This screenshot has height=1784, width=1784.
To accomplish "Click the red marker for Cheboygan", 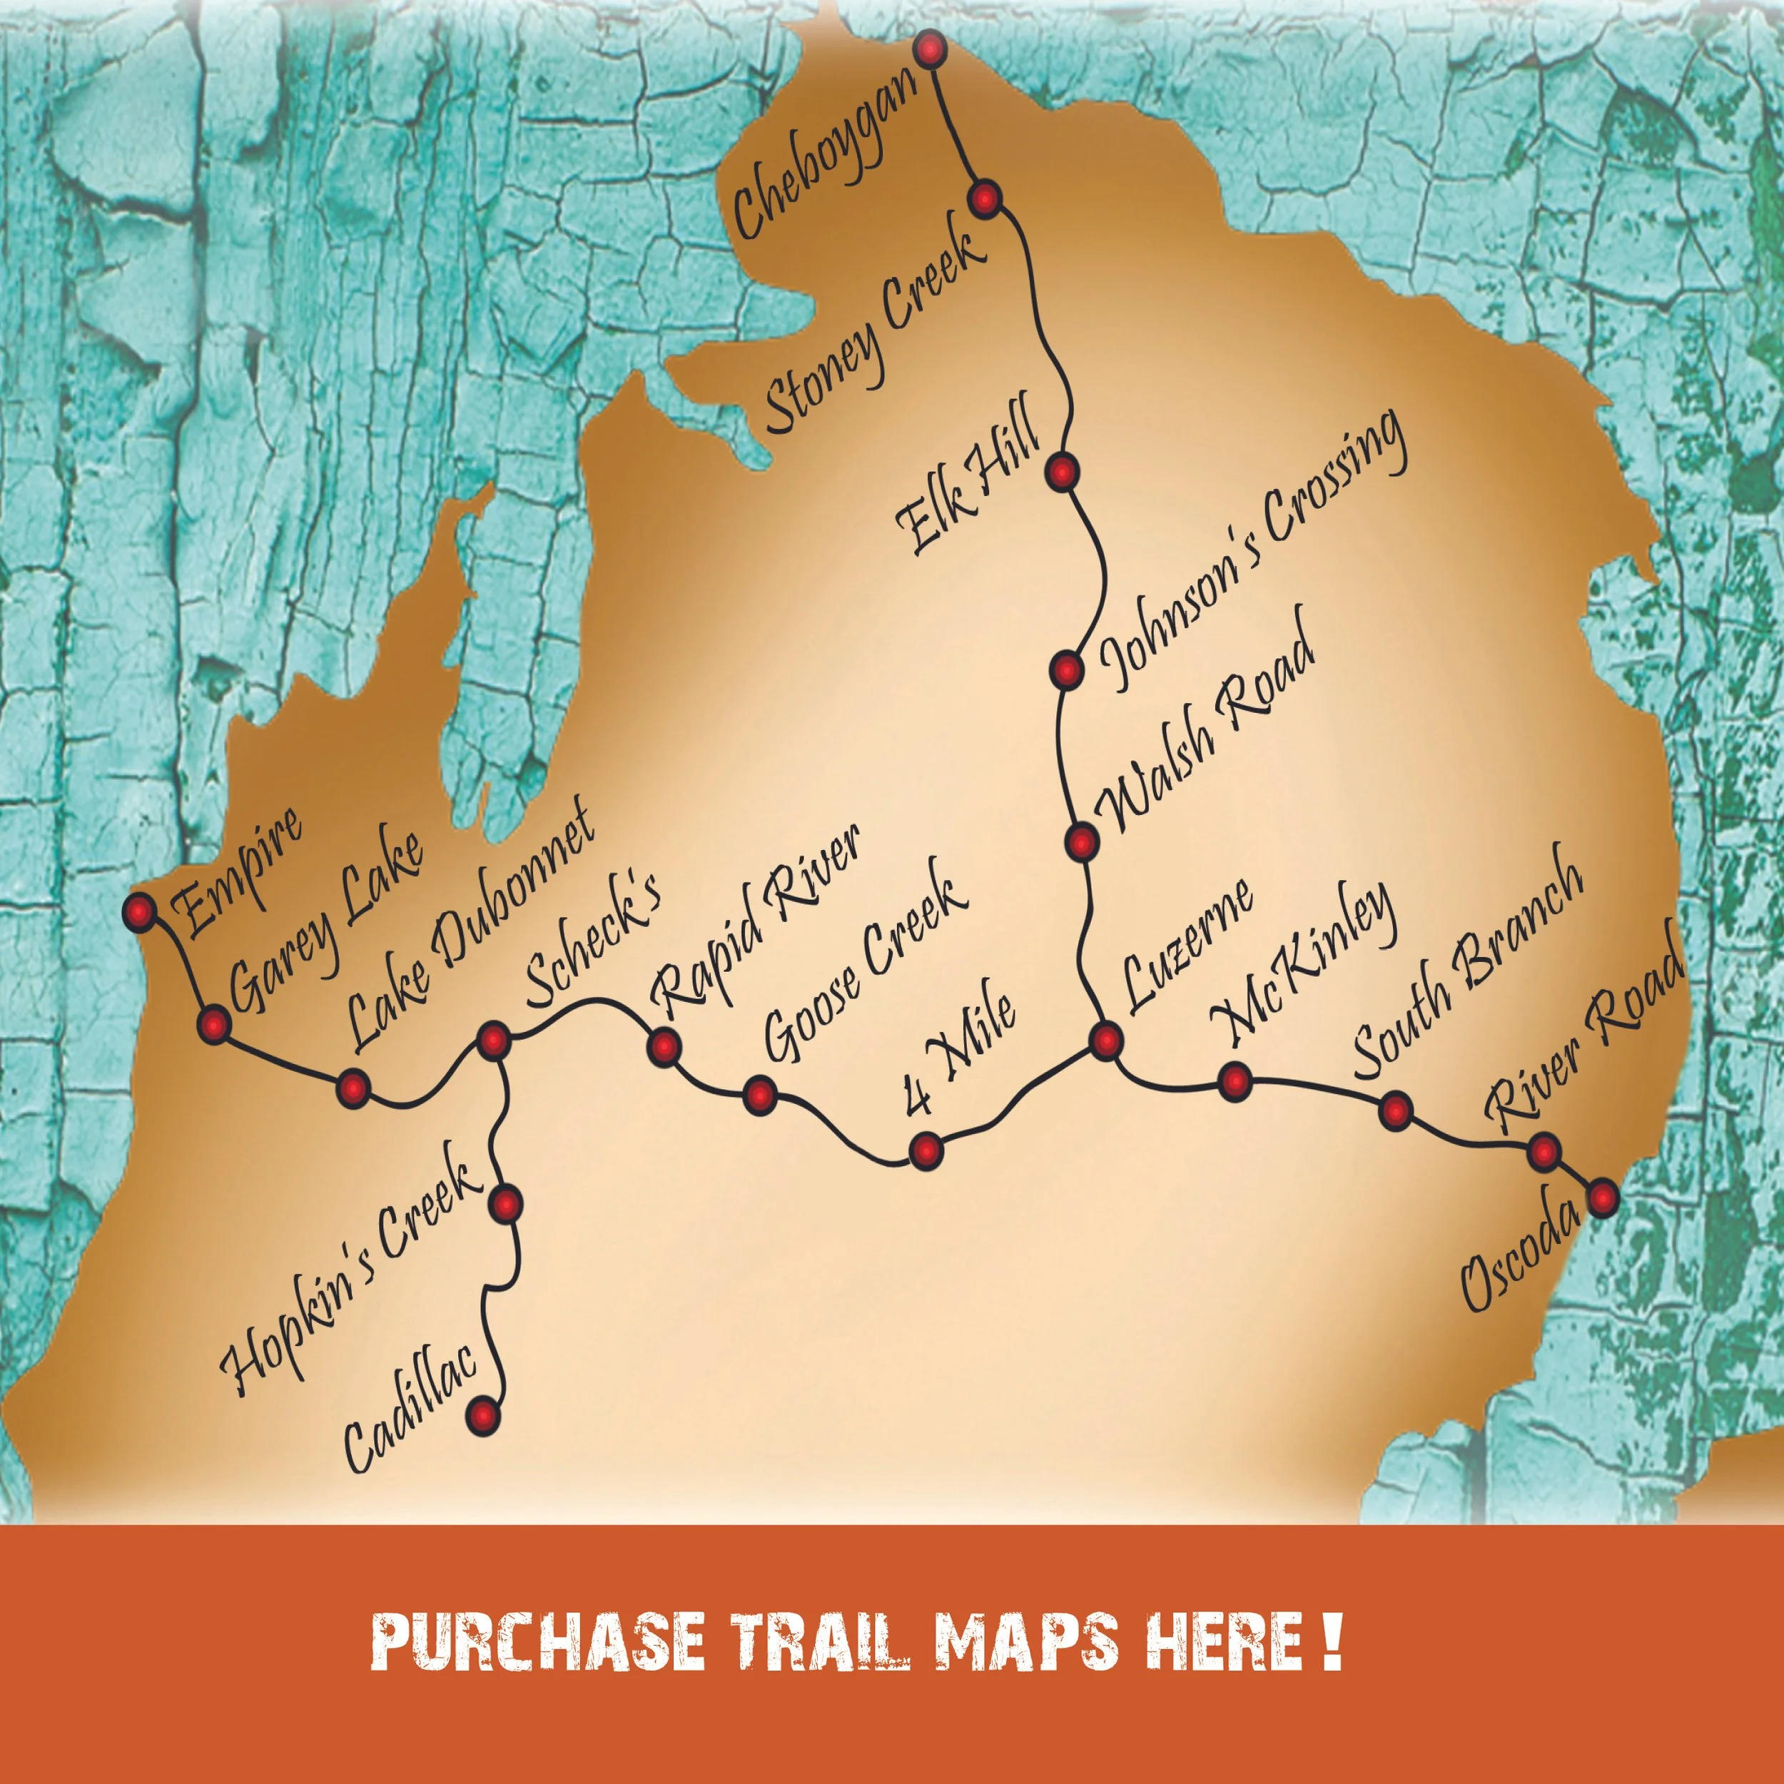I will coord(931,48).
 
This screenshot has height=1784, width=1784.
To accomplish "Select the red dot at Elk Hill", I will coord(1062,472).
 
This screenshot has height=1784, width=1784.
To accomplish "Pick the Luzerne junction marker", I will coord(1106,1040).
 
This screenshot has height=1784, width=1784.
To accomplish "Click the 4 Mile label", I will coord(961,1053).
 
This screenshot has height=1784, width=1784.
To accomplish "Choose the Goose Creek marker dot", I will coord(759,1095).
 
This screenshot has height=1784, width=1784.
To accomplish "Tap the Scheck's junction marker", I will coord(493,1040).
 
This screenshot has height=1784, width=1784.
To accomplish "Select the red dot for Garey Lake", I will coord(214,1024).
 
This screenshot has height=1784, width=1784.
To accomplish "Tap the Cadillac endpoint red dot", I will coord(483,1414).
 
